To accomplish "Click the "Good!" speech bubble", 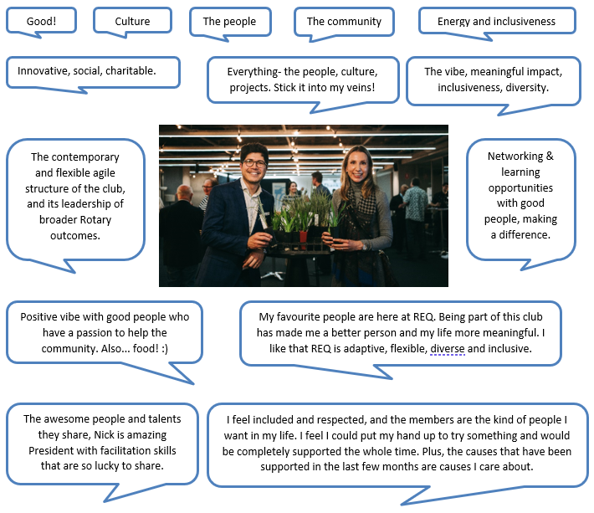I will tap(40, 21).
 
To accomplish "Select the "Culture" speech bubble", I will tap(132, 21).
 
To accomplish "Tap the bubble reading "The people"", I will tap(229, 21).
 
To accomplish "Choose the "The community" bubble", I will tap(344, 21).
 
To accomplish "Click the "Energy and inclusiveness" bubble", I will tap(496, 21).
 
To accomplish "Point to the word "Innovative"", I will tap(44, 71).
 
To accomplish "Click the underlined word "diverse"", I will tap(448, 348).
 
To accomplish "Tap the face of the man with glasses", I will tap(253, 163).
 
